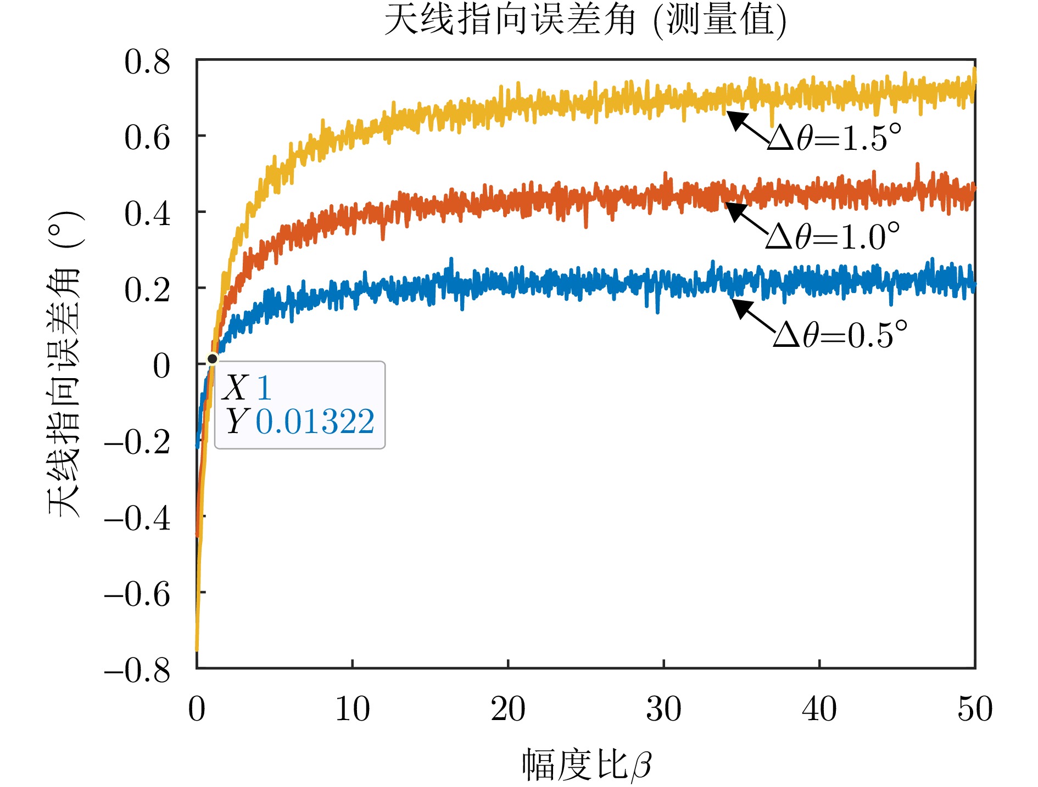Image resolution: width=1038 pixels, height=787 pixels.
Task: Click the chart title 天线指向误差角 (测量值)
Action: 585,21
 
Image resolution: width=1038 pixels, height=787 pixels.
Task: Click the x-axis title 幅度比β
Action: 586,764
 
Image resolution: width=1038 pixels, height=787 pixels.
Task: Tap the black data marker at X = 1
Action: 213,359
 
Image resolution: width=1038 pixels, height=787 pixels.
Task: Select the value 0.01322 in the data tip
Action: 315,422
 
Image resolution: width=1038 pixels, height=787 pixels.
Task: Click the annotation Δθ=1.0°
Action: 833,237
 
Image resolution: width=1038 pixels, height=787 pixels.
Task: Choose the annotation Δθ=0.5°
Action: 840,335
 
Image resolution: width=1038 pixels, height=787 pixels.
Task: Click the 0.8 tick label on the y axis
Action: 147,61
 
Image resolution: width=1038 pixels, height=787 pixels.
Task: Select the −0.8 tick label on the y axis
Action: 137,670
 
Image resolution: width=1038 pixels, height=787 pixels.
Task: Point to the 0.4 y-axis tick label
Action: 147,213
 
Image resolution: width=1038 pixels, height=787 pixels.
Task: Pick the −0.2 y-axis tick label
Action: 137,442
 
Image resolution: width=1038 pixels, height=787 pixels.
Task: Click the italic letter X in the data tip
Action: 236,388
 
